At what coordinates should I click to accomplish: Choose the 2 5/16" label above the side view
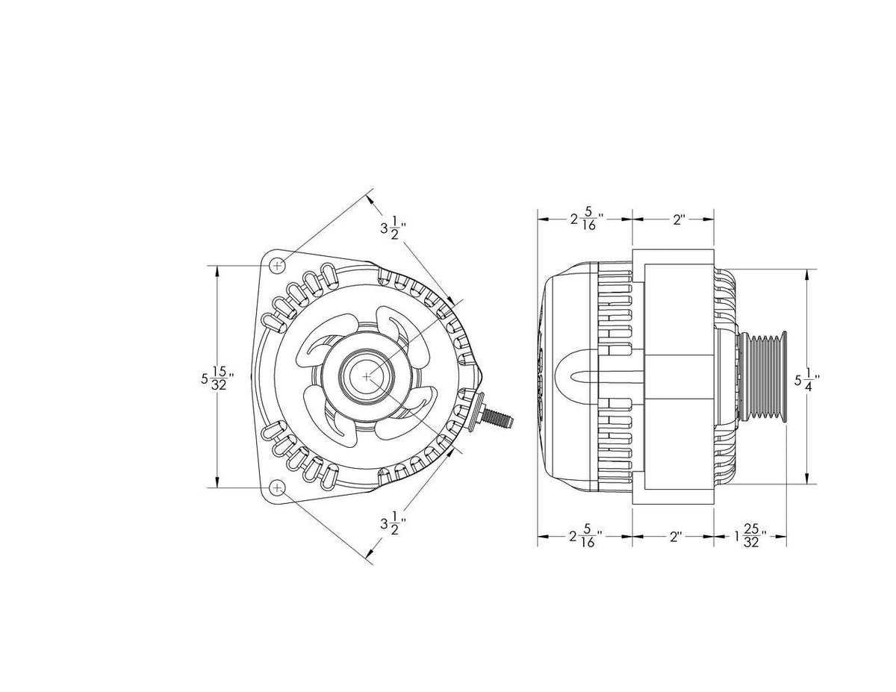tap(586, 220)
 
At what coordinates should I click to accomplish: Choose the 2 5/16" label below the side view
tap(586, 537)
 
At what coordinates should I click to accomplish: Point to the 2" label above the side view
tap(678, 220)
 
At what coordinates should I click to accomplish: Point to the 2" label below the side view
tap(676, 537)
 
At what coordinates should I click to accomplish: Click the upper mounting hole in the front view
tap(277, 265)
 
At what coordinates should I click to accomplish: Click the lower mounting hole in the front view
tap(277, 487)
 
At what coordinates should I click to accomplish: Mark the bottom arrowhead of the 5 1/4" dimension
tap(806, 479)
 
